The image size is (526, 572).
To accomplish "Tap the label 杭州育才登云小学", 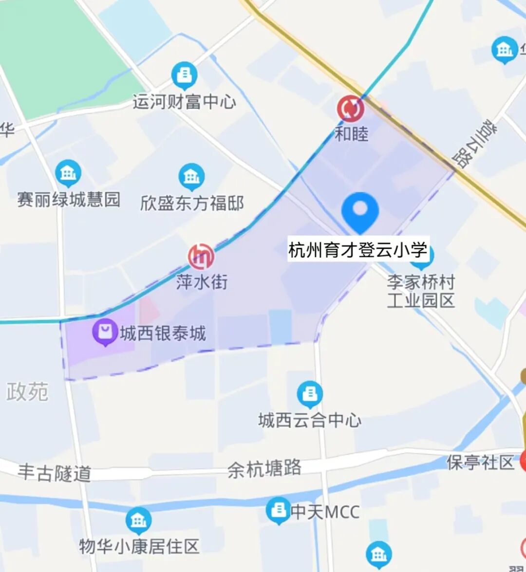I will point(358,250).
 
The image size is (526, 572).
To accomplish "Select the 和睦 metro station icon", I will point(351,109).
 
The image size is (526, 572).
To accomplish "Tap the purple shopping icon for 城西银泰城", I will point(105,332).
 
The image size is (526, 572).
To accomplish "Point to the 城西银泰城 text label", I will point(163,334).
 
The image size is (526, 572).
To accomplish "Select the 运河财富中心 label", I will point(184,102).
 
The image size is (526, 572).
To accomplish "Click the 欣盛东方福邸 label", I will point(192,203).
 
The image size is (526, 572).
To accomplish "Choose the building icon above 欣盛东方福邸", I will point(191,176).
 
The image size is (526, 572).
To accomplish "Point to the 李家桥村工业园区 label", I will point(421,291).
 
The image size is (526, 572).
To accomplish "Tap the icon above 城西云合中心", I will point(310,394).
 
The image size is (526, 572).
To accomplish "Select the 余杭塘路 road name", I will point(264,469).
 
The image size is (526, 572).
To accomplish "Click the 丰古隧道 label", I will point(55,473).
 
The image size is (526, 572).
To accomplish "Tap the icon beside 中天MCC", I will point(278,511).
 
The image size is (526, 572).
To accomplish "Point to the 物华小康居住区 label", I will point(139,546).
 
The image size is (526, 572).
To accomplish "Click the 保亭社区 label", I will point(480,462).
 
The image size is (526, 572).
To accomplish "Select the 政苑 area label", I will point(27,391).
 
